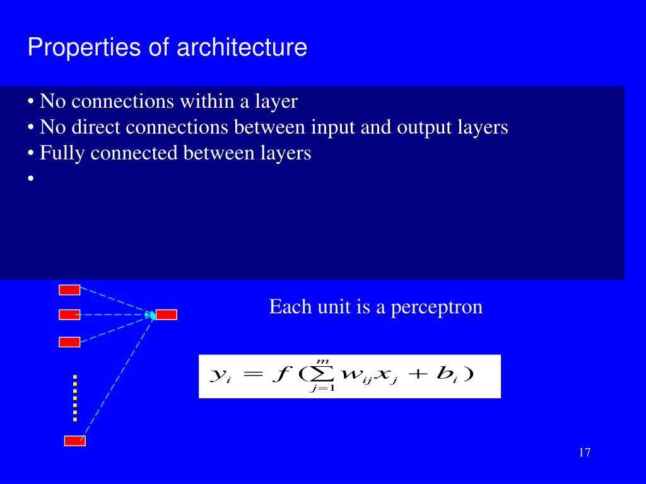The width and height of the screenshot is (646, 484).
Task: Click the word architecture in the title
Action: coord(242,48)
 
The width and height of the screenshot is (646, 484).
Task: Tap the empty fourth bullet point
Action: coord(30,179)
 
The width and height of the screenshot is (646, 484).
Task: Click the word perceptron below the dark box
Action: coord(437,307)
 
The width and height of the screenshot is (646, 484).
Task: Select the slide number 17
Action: coord(584,452)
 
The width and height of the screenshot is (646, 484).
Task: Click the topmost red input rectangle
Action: coord(69,290)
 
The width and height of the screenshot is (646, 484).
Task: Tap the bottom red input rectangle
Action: coord(74,441)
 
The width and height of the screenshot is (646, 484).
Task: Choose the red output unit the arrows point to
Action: coord(167,314)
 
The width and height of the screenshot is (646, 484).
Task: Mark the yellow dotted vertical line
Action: coord(74,398)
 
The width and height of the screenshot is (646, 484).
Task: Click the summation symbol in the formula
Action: coord(322,374)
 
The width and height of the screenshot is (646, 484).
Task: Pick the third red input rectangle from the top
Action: coord(69,342)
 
